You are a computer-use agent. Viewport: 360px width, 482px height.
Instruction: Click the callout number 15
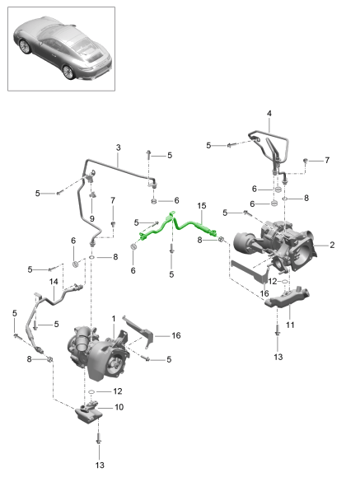[201, 206]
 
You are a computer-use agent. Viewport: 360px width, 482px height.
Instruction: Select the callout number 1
[114, 319]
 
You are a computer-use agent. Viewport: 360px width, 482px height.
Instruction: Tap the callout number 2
[332, 245]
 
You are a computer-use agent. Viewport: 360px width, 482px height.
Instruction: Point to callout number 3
[119, 147]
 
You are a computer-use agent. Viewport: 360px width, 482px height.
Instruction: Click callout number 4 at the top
[269, 114]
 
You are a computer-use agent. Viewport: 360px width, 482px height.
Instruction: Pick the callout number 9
[92, 219]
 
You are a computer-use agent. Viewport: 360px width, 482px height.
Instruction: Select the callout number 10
[119, 407]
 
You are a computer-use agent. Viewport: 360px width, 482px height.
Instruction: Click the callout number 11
[290, 325]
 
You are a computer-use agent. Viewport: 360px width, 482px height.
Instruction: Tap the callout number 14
[54, 282]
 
